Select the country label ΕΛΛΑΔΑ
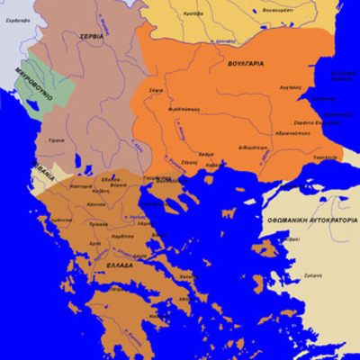[x=120, y=266]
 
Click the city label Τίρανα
[x=56, y=140]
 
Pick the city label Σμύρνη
[x=312, y=274]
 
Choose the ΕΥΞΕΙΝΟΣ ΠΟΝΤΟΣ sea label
[x=344, y=77]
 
